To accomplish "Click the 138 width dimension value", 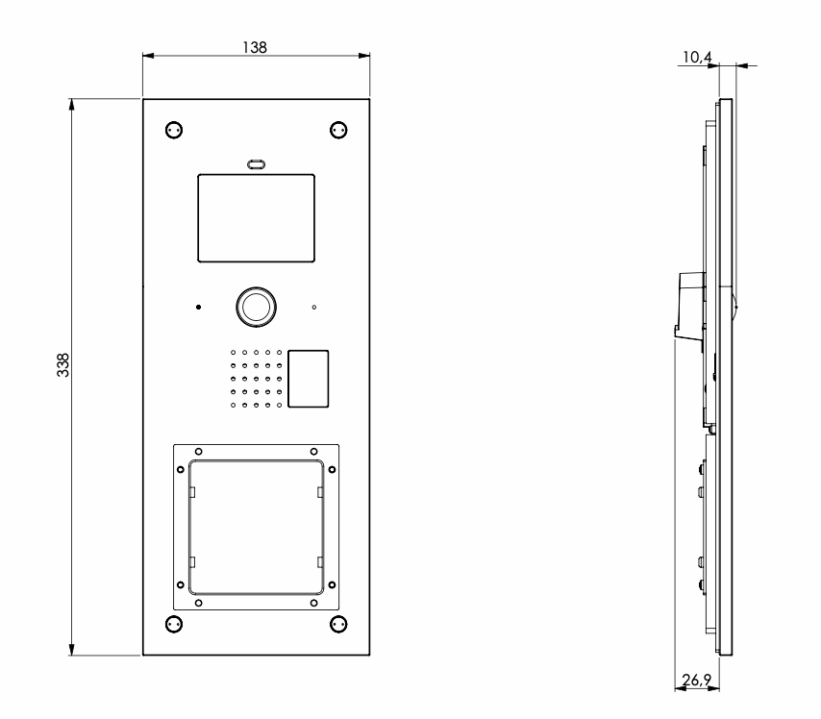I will [255, 45].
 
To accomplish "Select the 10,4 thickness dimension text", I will [696, 58].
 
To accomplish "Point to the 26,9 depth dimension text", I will [696, 681].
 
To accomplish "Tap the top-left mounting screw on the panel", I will [173, 130].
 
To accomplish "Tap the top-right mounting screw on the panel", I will [337, 130].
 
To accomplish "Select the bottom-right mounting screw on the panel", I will [337, 624].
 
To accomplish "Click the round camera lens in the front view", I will [256, 306].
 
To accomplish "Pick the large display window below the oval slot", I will [256, 218].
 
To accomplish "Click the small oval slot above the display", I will [256, 164].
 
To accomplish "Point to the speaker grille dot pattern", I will [256, 379].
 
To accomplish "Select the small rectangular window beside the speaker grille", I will [309, 379].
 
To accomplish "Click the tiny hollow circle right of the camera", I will [313, 308].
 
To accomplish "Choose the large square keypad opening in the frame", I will [256, 526].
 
